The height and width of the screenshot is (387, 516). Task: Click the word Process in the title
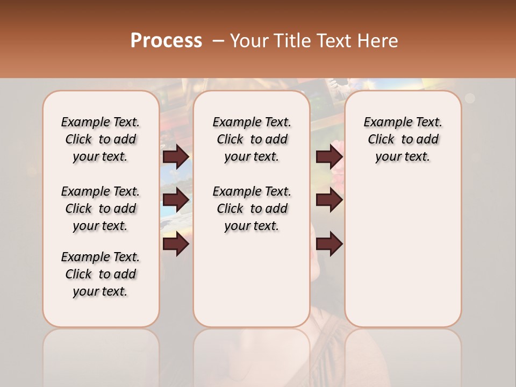166,40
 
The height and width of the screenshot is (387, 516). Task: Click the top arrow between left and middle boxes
176,156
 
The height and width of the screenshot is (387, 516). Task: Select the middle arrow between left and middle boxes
176,200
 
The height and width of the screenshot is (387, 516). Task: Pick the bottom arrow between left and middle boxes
176,245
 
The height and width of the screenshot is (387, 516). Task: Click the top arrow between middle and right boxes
329,156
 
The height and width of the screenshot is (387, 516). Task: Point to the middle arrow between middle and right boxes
329,200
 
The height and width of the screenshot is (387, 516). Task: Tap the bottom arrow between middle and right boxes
329,245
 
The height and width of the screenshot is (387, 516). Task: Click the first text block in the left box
101,139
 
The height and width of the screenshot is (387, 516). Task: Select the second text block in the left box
101,209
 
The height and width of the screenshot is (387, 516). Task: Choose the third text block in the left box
101,274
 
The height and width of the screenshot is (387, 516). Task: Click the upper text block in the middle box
252,139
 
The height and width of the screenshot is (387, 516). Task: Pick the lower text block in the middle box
252,209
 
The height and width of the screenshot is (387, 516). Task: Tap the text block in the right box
403,139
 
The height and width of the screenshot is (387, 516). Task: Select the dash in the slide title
218,41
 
